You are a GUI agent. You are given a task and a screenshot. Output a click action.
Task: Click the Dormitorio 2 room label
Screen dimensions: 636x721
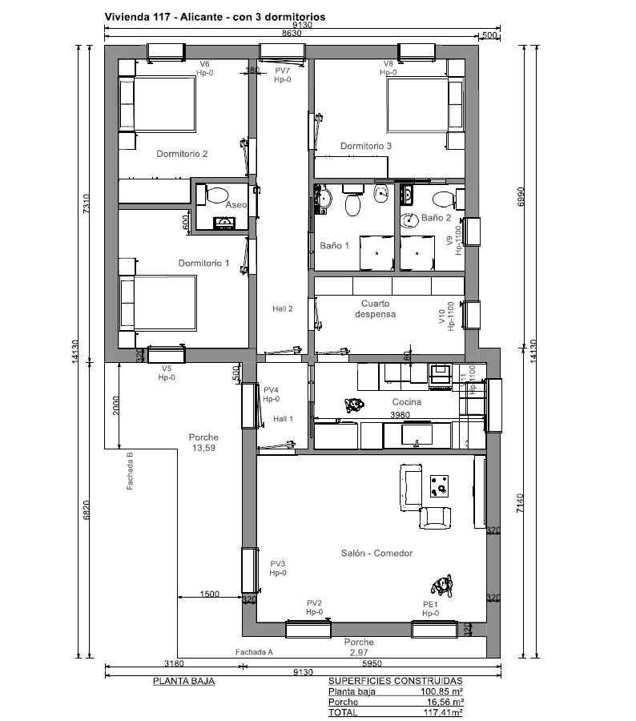pyautogui.click(x=182, y=154)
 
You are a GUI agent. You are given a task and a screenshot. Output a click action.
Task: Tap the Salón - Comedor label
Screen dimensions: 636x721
pyautogui.click(x=376, y=553)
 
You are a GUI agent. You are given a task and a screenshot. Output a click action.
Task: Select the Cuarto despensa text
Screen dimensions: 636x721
pyautogui.click(x=375, y=309)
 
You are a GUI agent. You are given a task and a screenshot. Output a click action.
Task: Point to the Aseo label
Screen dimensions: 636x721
pyautogui.click(x=236, y=204)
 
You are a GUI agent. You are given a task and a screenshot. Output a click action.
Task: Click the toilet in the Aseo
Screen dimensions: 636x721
pyautogui.click(x=217, y=195)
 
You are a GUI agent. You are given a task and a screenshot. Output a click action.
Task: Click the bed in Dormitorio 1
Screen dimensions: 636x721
pyautogui.click(x=158, y=303)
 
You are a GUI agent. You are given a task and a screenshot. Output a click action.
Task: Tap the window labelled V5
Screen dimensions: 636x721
pyautogui.click(x=166, y=354)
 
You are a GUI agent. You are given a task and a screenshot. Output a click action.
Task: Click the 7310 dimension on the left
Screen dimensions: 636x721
pyautogui.click(x=86, y=203)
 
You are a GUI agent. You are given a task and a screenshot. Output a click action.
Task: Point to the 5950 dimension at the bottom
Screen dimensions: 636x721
pyautogui.click(x=372, y=663)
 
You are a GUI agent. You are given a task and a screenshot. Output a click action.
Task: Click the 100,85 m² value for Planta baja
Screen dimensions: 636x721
pyautogui.click(x=441, y=691)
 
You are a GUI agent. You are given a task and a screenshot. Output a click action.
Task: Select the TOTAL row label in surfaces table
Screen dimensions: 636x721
pyautogui.click(x=343, y=712)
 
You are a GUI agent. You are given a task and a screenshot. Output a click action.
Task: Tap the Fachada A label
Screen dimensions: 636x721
pyautogui.click(x=254, y=652)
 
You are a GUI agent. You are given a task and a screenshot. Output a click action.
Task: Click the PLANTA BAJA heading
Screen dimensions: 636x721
pyautogui.click(x=184, y=681)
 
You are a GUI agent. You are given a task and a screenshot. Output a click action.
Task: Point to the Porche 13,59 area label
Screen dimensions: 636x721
pyautogui.click(x=203, y=442)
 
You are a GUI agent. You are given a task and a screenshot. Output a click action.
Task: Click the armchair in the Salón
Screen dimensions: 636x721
pyautogui.click(x=435, y=518)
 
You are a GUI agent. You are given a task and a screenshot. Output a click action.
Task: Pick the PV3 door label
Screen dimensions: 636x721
pyautogui.click(x=278, y=564)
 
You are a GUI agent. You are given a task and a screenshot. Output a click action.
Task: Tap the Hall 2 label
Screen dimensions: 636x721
pyautogui.click(x=283, y=308)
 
